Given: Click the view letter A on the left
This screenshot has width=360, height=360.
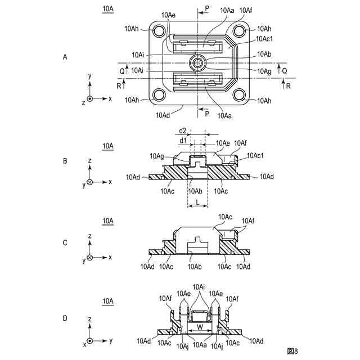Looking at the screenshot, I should coord(65,57).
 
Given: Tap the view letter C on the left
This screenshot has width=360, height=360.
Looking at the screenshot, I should coord(65,243).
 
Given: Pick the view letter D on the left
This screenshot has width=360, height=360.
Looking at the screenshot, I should coord(65,318).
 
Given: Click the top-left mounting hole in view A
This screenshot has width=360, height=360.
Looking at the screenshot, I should coord(159,31).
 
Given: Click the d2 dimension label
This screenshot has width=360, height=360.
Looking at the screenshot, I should coord(183,130).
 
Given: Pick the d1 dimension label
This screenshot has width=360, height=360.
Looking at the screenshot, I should coord(183,140).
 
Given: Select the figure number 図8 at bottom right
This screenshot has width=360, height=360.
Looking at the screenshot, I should coord(291,351).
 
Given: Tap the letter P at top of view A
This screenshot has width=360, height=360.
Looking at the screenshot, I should coord(207,10).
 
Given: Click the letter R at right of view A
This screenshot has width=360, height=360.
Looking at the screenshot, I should coord(288,86).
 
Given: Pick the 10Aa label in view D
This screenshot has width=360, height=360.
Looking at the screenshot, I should coord(199,345).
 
